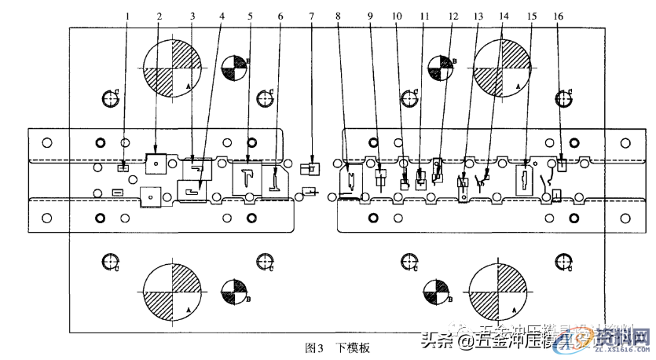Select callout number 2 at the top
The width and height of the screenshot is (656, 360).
159,15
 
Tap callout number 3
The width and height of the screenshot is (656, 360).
192,15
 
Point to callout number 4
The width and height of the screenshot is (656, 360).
221,15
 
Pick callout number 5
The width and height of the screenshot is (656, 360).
251,15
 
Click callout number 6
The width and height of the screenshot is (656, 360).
280,15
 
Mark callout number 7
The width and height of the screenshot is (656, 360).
312,15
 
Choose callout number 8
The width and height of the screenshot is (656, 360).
337,15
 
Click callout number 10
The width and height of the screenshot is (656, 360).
396,15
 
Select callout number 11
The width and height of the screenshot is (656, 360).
424,15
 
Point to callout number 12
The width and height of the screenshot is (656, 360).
452,15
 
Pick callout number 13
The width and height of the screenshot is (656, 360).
478,15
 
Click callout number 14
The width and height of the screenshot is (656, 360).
504,15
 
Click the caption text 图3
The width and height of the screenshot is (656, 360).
313,347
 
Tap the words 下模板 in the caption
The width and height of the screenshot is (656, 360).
353,347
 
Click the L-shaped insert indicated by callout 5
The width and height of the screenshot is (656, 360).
247,177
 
